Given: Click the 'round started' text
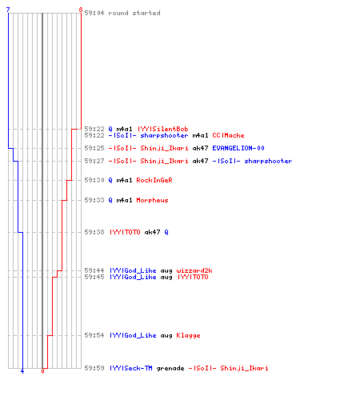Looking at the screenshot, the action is [x=134, y=13].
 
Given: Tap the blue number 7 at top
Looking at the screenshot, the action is [x=8, y=10].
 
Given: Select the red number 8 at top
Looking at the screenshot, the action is [x=81, y=10].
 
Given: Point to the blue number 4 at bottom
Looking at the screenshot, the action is [x=22, y=371].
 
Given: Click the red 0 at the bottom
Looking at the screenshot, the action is [x=42, y=371].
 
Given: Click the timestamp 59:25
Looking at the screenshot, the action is [x=94, y=148].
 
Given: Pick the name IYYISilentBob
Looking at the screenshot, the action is [x=163, y=129].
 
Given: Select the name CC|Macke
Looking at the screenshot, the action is [x=228, y=135].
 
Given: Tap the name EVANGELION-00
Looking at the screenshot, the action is [x=238, y=148].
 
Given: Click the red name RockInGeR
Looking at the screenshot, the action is [x=154, y=180].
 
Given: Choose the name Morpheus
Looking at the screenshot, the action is [x=152, y=200].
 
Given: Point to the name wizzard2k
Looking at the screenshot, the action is [x=194, y=270].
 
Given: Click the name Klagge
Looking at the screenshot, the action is [x=188, y=335].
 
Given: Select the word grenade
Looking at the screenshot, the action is [x=170, y=368].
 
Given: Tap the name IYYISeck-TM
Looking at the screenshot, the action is [x=131, y=368].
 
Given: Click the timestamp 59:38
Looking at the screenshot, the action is [x=94, y=232].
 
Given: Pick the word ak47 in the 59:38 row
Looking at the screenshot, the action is [x=152, y=232].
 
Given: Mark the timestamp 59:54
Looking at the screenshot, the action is [x=94, y=335].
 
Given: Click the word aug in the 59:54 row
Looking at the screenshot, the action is [x=166, y=336].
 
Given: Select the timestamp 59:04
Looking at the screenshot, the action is [x=94, y=13].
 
